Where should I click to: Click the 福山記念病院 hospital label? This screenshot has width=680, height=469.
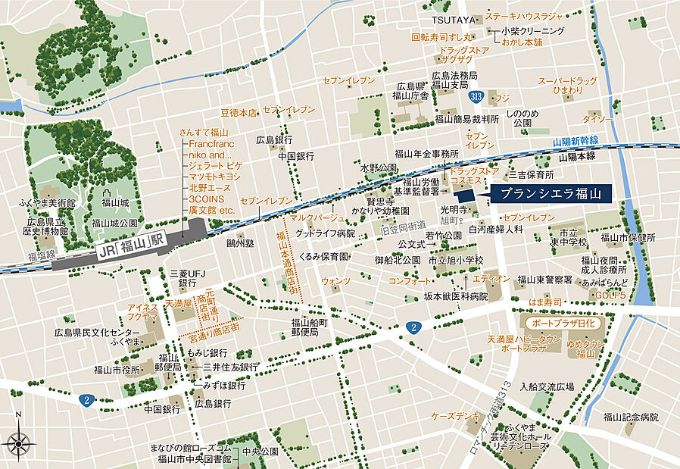631,417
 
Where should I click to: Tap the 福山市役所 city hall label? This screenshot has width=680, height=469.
117,370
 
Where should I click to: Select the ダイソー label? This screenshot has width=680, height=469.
598,119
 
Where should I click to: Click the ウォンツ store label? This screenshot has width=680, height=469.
335,281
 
